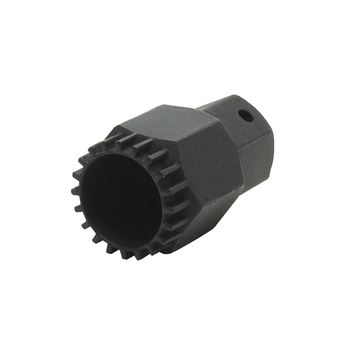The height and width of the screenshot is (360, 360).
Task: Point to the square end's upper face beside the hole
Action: [x=225, y=108]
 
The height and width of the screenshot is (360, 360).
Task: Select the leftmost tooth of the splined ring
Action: [x=74, y=191]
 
